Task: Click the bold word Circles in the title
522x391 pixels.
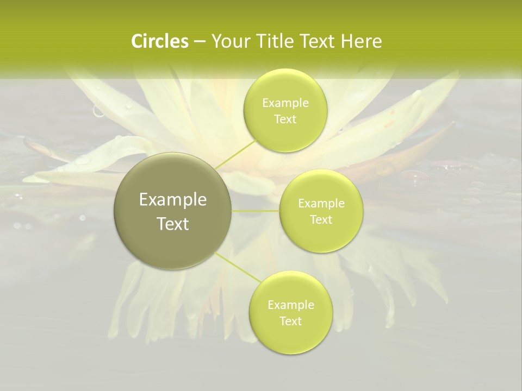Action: (x=160, y=41)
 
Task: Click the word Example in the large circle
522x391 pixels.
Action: (x=173, y=200)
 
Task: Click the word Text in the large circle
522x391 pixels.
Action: (x=173, y=224)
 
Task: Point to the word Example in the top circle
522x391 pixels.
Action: (x=285, y=103)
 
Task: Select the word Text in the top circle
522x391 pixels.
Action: (x=285, y=119)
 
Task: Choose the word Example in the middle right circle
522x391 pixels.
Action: (x=321, y=204)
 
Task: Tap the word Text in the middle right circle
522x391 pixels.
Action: (x=321, y=219)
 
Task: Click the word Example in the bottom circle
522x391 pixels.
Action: (x=291, y=305)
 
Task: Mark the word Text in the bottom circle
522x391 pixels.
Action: (x=290, y=321)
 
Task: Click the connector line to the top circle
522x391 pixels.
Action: (x=235, y=154)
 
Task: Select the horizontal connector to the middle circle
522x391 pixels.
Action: (x=256, y=211)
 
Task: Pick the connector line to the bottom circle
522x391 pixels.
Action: (x=238, y=267)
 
